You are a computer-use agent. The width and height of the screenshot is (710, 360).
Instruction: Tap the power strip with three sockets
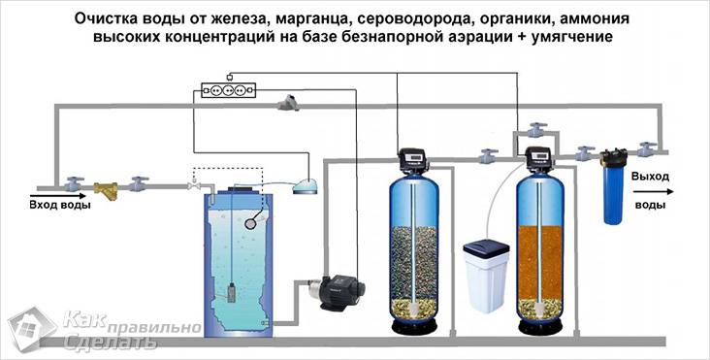pos(227,90)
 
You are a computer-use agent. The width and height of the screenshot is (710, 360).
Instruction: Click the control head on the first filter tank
pos(415,157)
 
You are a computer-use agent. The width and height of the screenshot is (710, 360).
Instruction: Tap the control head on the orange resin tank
pos(537,158)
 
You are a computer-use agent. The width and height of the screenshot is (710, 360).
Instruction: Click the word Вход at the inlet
pos(45,205)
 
